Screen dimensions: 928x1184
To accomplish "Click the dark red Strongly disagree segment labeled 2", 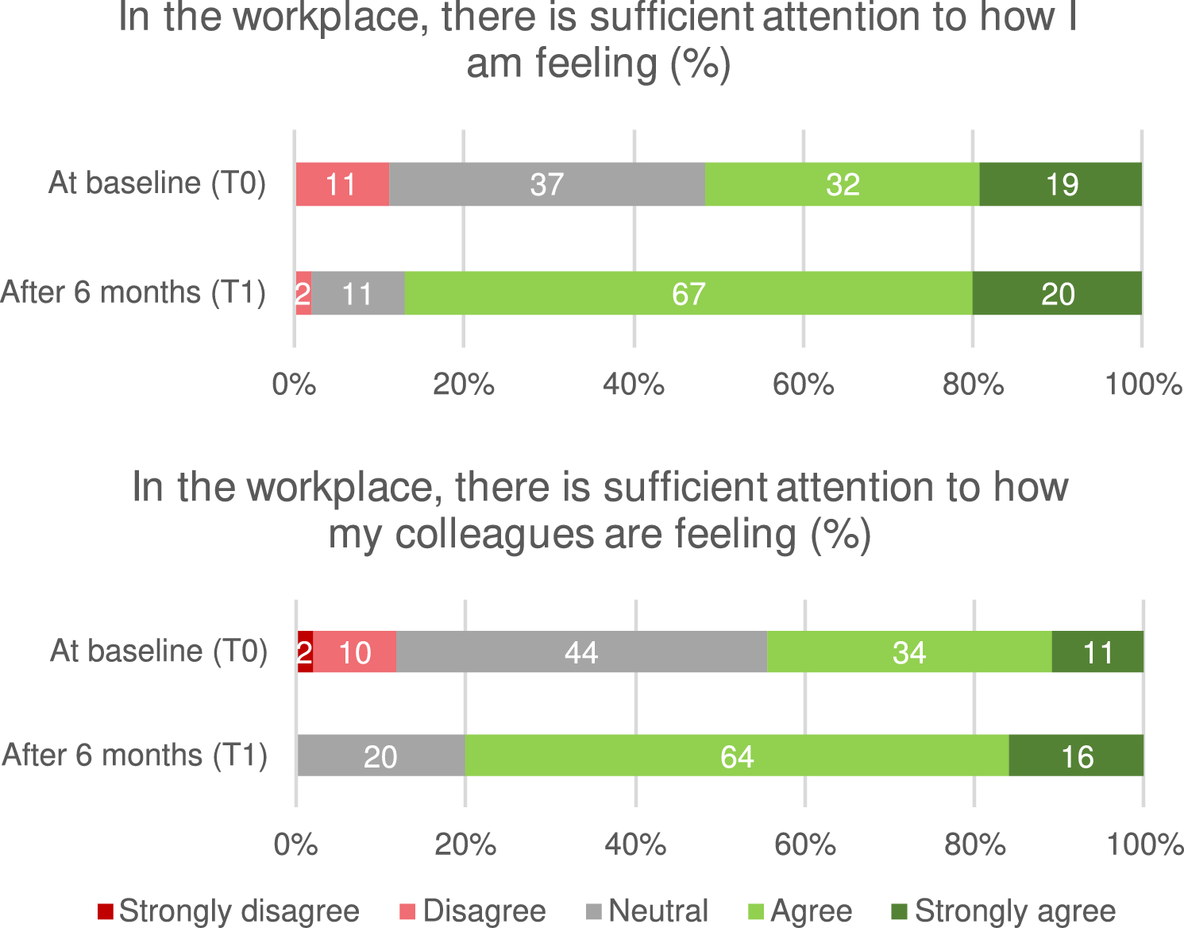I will (305, 652).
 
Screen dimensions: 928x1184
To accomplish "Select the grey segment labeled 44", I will (581, 652).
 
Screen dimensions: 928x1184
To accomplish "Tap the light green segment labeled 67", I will (688, 294).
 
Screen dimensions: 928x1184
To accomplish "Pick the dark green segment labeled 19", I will (1061, 184).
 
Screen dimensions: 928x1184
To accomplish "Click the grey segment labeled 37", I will (546, 184).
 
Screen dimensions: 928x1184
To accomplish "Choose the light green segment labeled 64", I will (736, 756).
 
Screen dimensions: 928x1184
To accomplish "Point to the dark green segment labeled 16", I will (1076, 756).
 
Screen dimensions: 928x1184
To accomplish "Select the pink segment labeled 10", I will (355, 652).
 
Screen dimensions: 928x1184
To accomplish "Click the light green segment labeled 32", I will (842, 184).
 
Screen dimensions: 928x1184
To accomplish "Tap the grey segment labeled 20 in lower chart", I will (380, 756).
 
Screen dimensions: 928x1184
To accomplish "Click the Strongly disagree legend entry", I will (229, 911).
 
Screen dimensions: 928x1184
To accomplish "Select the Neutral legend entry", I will (648, 911).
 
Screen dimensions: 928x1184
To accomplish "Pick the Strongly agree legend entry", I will (1004, 911).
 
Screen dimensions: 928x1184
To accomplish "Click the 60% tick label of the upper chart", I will (803, 385).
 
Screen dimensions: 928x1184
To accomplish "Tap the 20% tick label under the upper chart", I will (463, 385).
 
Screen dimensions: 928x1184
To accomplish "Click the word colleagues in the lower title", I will (495, 535).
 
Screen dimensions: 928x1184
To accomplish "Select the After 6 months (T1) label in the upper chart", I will (133, 292).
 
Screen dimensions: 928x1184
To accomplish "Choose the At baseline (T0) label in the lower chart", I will (159, 651).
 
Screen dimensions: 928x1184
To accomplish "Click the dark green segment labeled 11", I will (1097, 652).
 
